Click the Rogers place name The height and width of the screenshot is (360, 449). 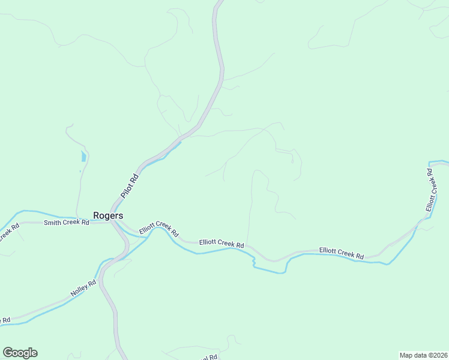[108, 215]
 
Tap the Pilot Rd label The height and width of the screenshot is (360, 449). [129, 186]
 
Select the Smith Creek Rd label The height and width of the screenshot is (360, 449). [66, 223]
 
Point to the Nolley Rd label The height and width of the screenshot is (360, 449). [83, 288]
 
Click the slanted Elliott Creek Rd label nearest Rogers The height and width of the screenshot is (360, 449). [159, 230]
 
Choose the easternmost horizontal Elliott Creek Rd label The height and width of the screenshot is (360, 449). [342, 253]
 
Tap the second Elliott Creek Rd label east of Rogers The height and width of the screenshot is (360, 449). [222, 244]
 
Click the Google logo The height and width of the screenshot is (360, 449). [20, 353]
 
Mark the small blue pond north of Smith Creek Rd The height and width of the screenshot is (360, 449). [83, 157]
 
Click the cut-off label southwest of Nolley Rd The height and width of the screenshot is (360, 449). [5, 320]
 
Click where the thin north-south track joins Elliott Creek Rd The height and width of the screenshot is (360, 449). [247, 245]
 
